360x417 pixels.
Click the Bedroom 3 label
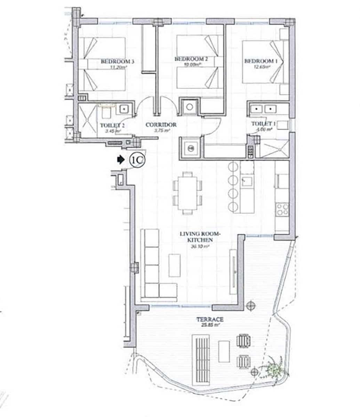(x=117, y=62)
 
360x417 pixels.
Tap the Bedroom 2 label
(x=191, y=59)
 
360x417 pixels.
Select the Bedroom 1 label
(x=261, y=61)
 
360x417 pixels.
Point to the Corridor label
(x=161, y=125)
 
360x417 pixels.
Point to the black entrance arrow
(x=120, y=160)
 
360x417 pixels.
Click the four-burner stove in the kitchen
(x=282, y=209)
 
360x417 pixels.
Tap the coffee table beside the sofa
(x=175, y=265)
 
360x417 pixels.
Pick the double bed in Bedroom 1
(x=263, y=62)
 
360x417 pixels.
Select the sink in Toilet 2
(x=124, y=109)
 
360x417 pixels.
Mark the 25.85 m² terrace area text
(x=212, y=325)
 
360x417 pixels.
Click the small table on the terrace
(x=224, y=351)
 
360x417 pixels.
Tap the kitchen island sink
(x=247, y=181)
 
